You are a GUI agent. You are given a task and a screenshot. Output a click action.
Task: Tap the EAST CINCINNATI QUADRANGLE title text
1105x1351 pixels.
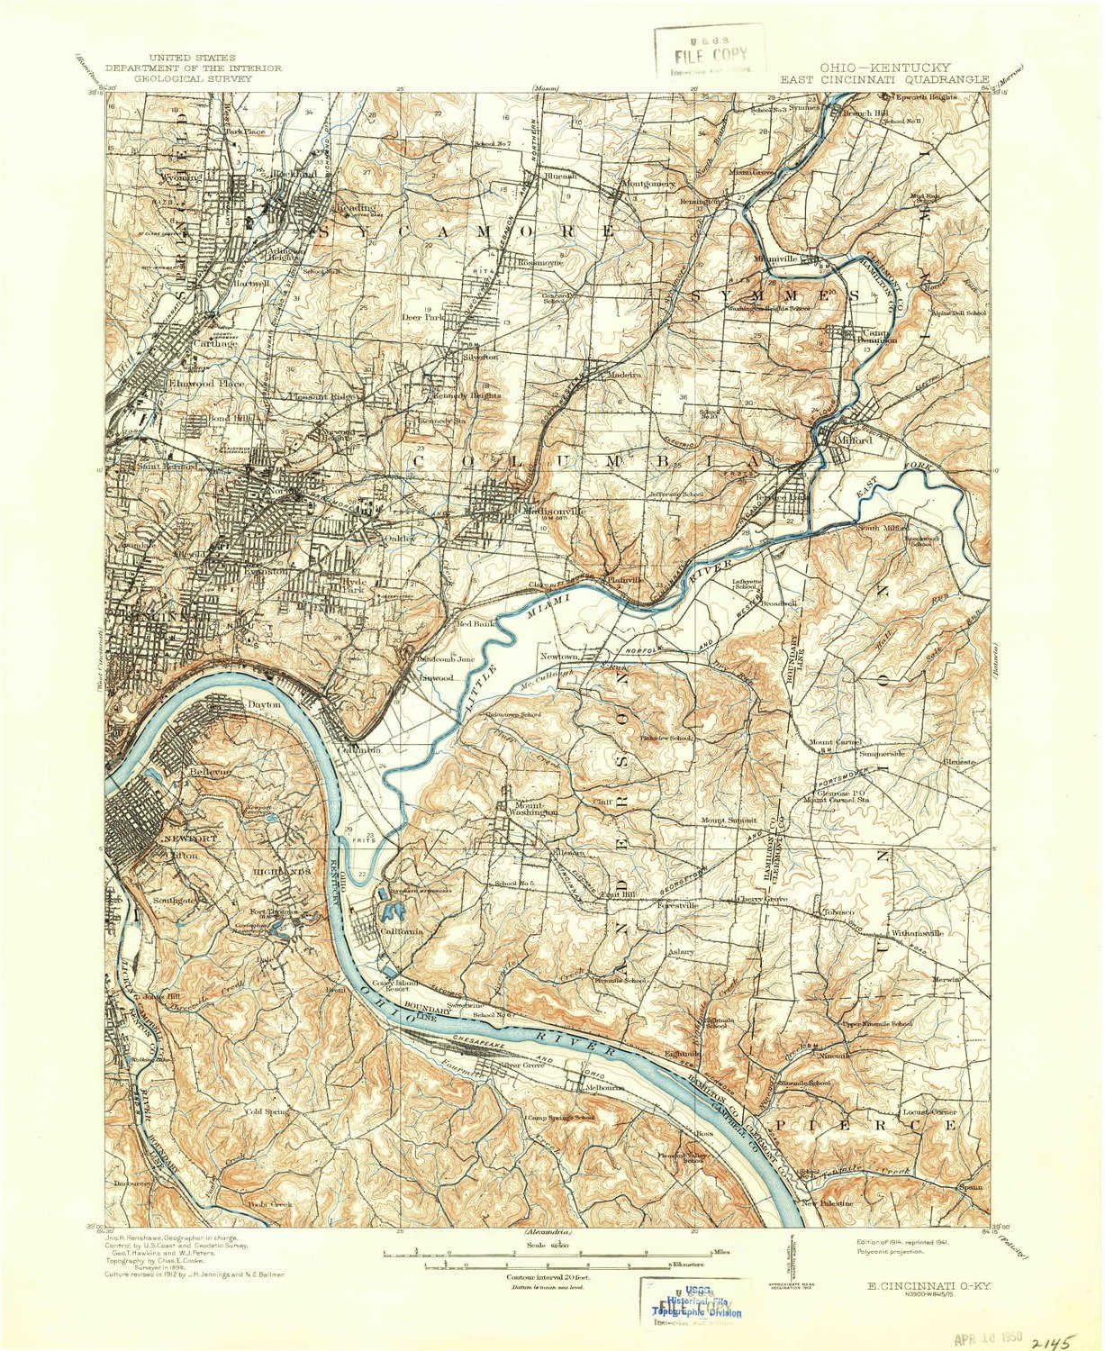(884, 78)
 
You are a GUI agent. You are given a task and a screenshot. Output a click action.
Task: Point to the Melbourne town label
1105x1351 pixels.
(604, 1088)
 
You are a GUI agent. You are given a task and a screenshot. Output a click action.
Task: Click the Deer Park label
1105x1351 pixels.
(422, 317)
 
